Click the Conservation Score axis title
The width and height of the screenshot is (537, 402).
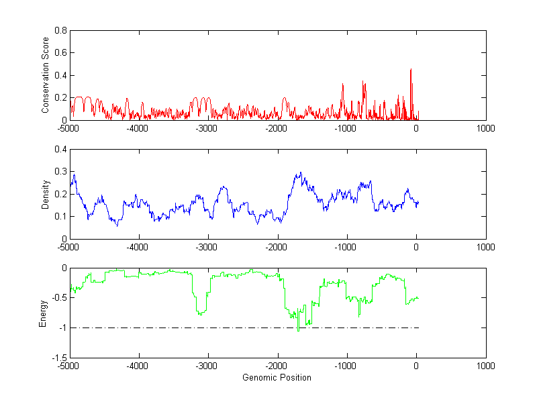(x=46, y=75)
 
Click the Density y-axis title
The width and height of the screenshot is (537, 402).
(x=46, y=194)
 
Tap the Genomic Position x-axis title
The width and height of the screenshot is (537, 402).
(x=277, y=378)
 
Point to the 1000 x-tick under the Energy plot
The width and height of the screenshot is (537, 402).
(x=485, y=366)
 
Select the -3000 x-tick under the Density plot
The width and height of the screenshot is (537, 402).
(x=207, y=246)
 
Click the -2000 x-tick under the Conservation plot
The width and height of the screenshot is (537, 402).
(x=277, y=128)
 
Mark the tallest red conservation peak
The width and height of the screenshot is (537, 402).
(x=411, y=69)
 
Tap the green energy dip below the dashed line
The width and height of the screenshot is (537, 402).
(x=298, y=330)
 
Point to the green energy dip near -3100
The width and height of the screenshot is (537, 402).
(x=200, y=313)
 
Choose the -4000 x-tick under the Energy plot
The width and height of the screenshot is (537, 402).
(x=138, y=366)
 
